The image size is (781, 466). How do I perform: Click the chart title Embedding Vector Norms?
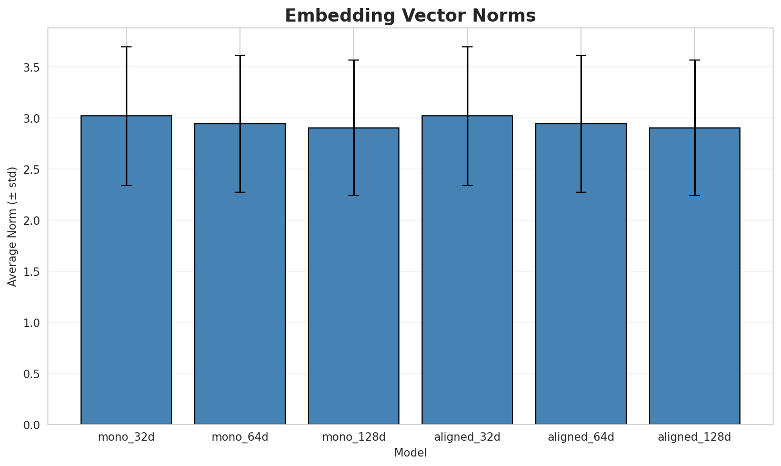410,16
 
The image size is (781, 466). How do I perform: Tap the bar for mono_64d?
240,274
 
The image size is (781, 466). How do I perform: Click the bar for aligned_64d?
581,274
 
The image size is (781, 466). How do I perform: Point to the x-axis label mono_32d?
126,437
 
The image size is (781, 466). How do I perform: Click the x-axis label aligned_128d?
695,437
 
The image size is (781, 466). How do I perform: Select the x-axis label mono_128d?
354,437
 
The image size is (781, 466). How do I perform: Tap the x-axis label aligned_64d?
581,437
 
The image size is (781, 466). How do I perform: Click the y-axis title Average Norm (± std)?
13,226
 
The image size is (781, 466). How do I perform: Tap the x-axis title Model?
410,453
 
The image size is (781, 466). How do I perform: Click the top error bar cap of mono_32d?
126,47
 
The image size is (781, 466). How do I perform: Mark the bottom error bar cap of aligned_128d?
695,195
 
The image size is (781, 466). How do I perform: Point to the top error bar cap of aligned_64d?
581,55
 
